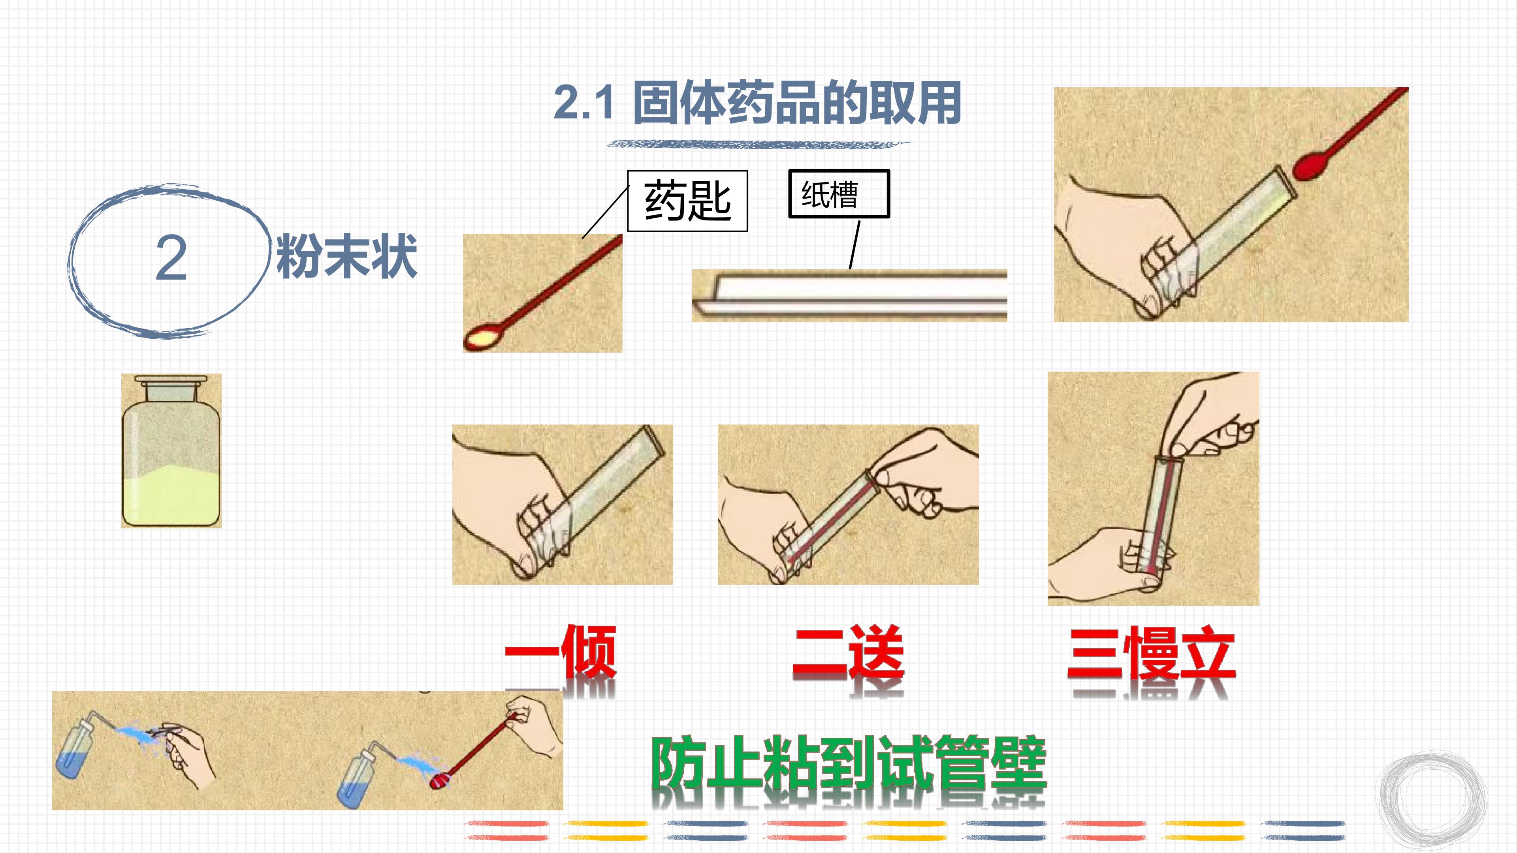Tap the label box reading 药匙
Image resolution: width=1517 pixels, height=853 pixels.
tap(687, 201)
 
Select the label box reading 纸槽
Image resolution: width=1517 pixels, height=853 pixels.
tap(839, 194)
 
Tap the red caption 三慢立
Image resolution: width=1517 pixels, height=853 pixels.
tap(1151, 654)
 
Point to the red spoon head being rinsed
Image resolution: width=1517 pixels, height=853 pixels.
tap(440, 781)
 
